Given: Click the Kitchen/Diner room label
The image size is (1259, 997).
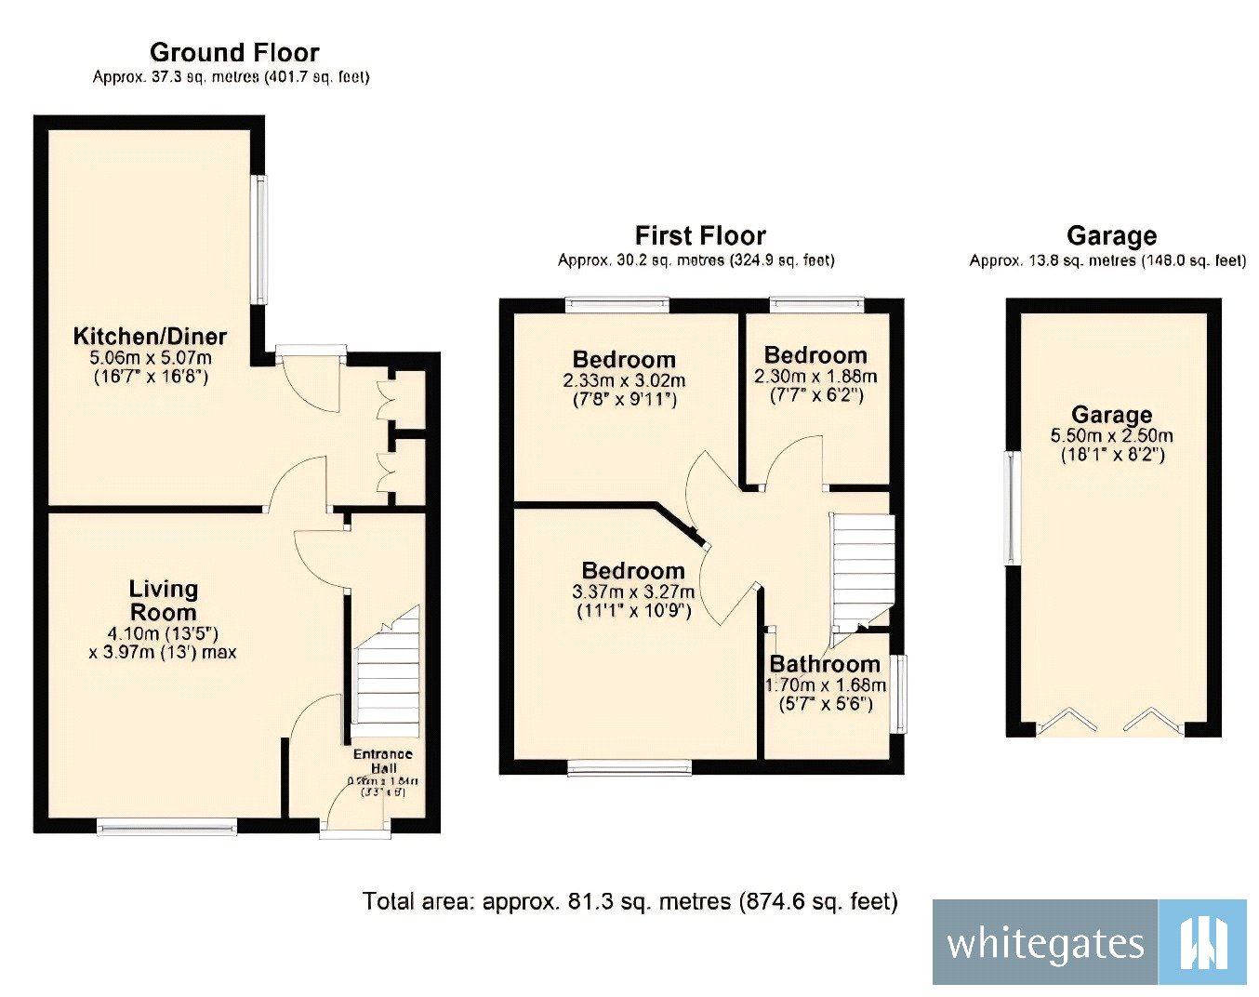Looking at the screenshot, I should [x=150, y=337].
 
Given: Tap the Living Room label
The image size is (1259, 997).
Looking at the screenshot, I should [x=163, y=601].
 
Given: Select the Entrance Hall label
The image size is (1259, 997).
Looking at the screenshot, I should [x=382, y=761].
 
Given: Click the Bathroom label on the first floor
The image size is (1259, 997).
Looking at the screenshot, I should [x=824, y=664].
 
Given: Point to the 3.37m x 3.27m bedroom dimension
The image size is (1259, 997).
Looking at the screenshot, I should [x=633, y=592].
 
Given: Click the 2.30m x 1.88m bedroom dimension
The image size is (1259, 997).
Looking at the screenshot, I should [x=815, y=377].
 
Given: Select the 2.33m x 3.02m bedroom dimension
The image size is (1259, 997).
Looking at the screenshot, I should [x=624, y=380].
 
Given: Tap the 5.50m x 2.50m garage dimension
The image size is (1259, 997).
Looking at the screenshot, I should [x=1111, y=436].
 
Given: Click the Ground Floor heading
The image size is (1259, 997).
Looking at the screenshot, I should [x=234, y=52].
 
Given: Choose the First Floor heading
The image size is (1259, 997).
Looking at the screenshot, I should [x=700, y=235].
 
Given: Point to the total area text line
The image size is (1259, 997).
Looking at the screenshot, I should [x=629, y=901].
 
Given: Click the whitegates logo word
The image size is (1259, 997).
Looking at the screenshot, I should [x=1044, y=943].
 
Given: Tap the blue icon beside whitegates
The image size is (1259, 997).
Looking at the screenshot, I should [x=1203, y=942].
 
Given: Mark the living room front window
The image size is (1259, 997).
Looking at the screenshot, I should [x=167, y=825].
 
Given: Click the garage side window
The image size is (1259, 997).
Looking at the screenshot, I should [x=1011, y=508].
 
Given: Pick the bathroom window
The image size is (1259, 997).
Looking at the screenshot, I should [x=899, y=694].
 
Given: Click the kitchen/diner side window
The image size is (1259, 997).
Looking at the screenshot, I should [x=261, y=240].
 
